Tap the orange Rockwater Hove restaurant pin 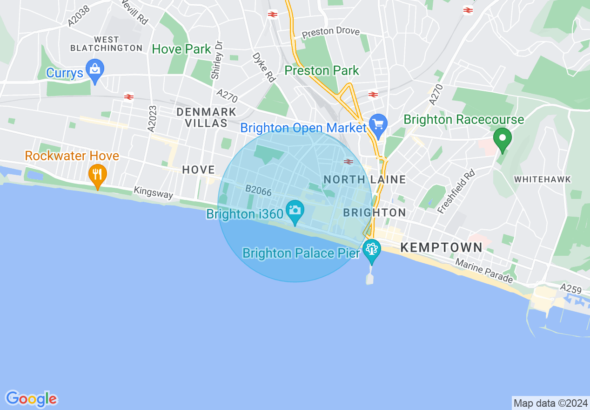[x=98, y=175]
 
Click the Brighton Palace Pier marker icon [x=371, y=249]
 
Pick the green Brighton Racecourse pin [x=503, y=138]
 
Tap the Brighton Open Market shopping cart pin [x=378, y=124]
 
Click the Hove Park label [x=181, y=49]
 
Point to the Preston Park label [x=322, y=71]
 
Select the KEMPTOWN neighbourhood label [x=441, y=247]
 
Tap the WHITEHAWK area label [x=543, y=179]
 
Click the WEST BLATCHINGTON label [x=107, y=44]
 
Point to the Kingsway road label [x=154, y=192]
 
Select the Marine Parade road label [x=484, y=271]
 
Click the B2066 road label [x=258, y=190]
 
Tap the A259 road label [x=571, y=288]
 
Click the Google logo [x=31, y=399]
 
